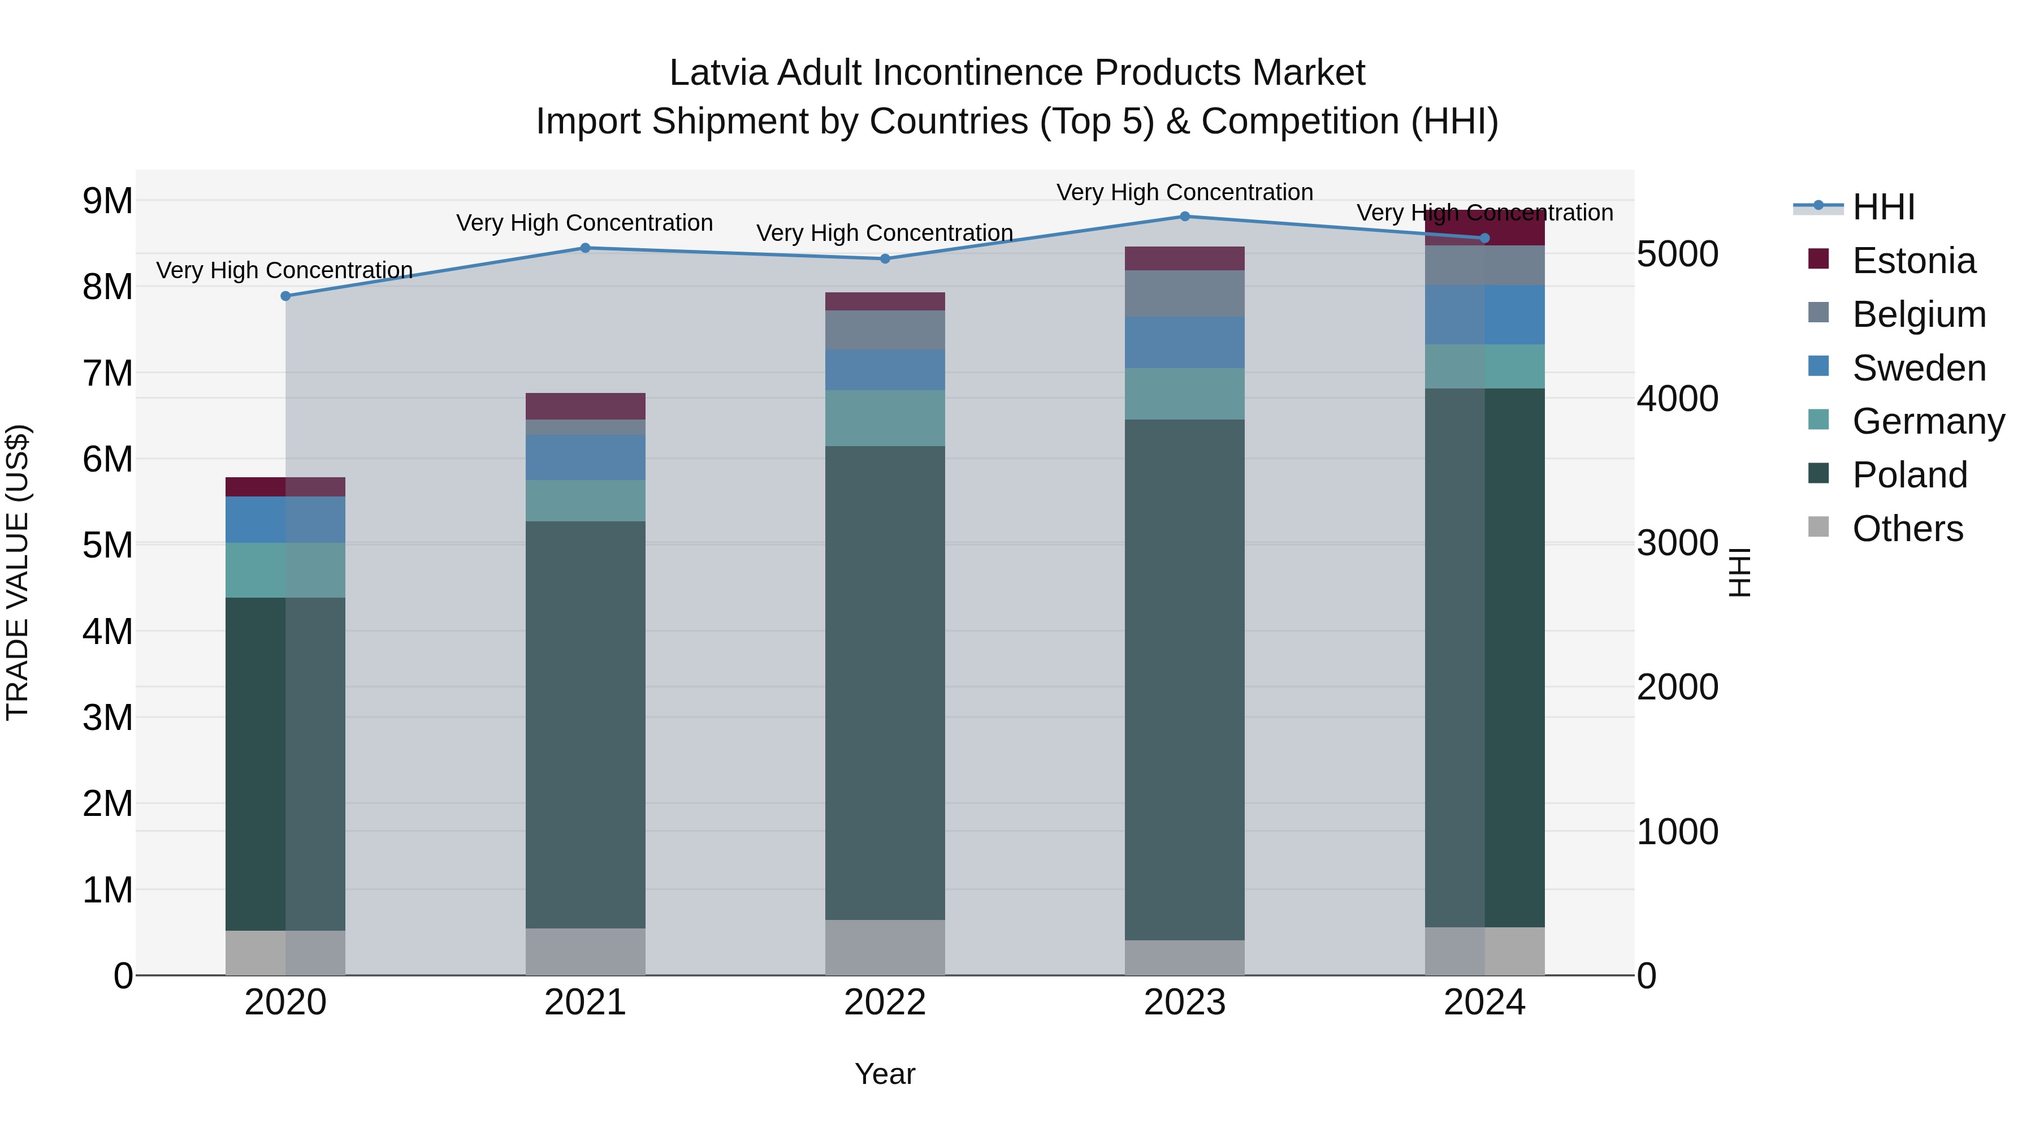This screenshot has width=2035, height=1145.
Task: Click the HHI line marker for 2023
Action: click(1184, 216)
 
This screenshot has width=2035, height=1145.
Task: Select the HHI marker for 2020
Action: click(285, 296)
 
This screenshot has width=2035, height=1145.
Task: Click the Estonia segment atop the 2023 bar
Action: click(1184, 258)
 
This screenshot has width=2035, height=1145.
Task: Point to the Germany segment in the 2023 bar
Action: click(1184, 394)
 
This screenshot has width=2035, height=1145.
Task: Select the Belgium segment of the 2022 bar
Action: click(885, 330)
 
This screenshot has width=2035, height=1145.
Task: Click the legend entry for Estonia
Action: click(1913, 261)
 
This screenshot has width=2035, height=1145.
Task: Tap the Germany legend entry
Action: click(1928, 421)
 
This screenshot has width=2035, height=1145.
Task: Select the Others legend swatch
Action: click(1818, 527)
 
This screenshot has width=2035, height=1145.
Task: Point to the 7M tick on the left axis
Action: click(107, 373)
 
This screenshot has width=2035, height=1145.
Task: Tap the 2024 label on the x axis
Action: click(1484, 1002)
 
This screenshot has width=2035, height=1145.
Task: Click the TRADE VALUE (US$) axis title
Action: click(18, 572)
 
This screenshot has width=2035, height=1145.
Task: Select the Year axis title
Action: click(885, 1074)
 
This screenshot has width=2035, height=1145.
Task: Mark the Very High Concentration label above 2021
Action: click(584, 223)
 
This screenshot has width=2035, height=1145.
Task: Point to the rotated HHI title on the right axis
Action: click(1739, 572)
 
